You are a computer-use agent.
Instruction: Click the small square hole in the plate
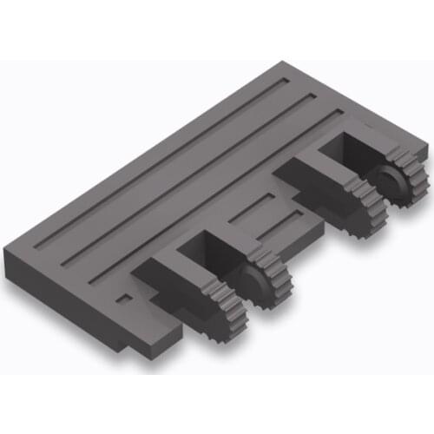pyautogui.click(x=125, y=299)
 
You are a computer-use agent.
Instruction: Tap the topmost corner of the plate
pyautogui.click(x=284, y=63)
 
